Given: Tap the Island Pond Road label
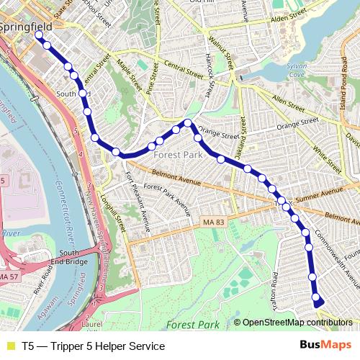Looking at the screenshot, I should click(x=343, y=86).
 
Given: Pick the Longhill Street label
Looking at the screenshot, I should click(x=109, y=212).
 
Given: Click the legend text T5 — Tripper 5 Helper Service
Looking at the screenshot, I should click(x=93, y=346).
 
